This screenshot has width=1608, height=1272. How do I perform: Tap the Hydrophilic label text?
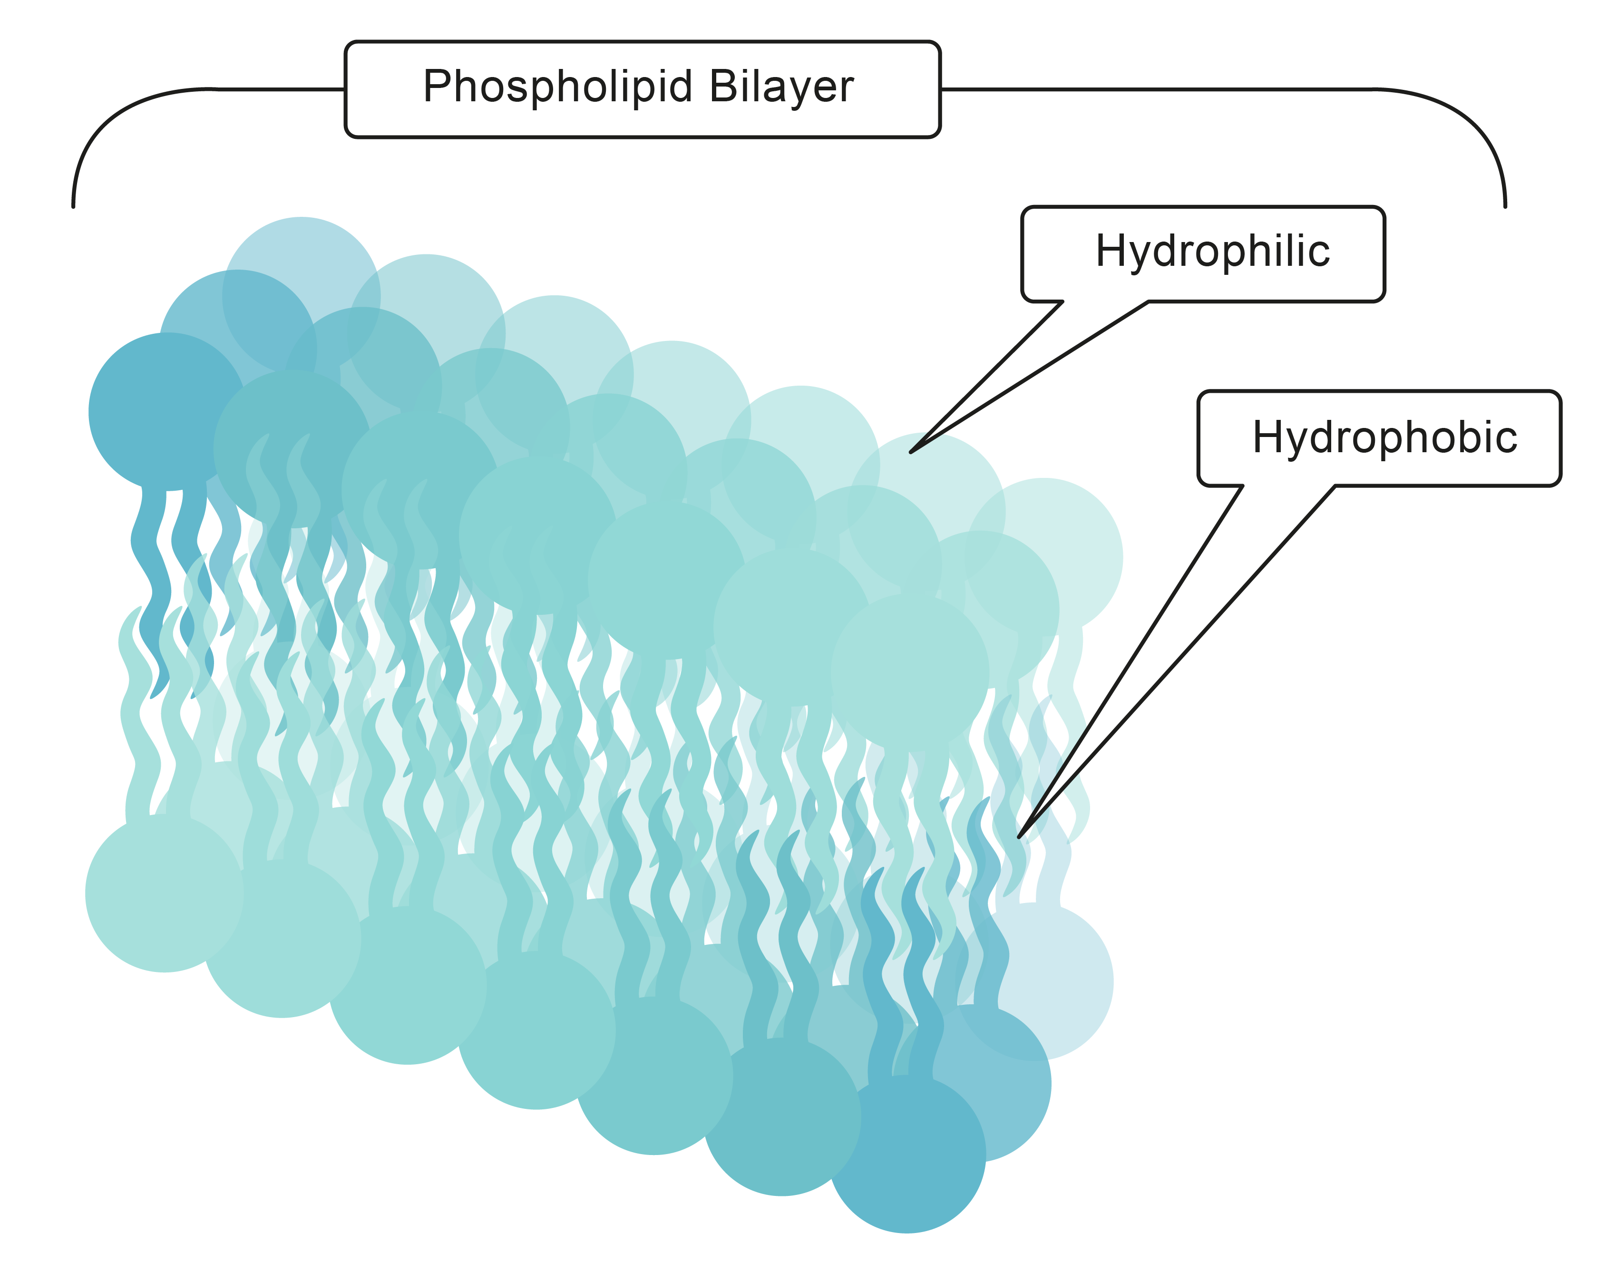tap(1212, 252)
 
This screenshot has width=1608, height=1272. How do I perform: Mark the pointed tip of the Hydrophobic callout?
tap(1019, 837)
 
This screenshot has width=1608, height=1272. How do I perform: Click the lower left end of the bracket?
tap(73, 206)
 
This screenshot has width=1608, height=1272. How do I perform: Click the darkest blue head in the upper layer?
tap(167, 412)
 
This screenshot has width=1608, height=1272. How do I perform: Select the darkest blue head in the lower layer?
tap(907, 1155)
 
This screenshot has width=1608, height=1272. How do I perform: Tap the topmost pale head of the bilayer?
tap(302, 296)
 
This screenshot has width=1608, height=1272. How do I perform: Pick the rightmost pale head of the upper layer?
tap(1044, 556)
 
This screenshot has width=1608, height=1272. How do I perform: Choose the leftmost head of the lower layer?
tap(165, 893)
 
